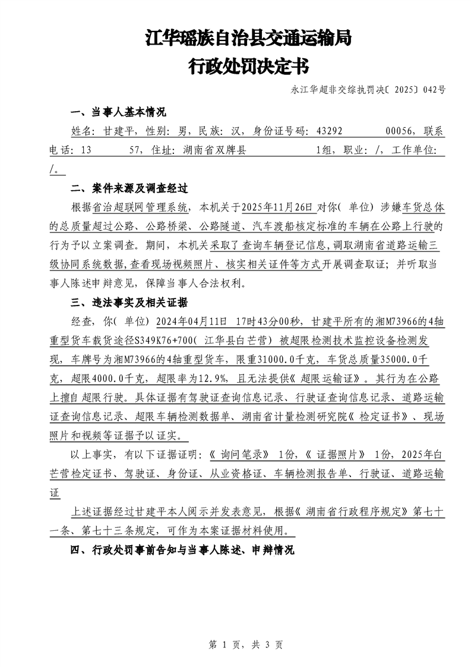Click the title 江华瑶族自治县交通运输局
pos(248,39)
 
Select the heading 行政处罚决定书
pos(248,67)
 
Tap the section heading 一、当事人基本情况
pos(118,112)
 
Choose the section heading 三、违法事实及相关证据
pos(129,303)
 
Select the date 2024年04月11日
pos(191,322)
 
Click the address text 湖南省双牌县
pos(211,151)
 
